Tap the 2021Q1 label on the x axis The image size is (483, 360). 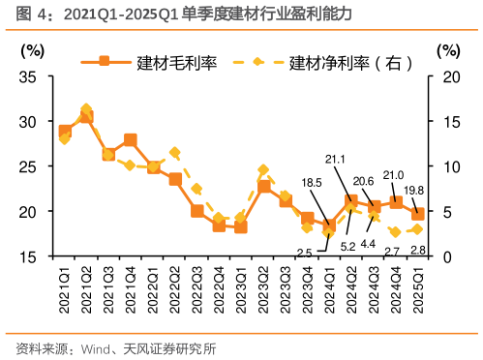click(x=65, y=282)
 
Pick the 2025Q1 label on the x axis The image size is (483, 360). click(x=419, y=282)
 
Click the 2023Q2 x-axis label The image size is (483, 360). click(x=264, y=282)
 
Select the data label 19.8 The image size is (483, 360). click(x=426, y=190)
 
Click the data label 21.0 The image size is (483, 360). click(x=393, y=175)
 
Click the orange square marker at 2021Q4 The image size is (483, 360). click(x=131, y=140)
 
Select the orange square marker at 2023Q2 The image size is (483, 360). click(x=264, y=186)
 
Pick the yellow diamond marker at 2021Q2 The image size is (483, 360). click(x=86, y=110)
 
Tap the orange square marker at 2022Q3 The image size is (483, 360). click(x=197, y=211)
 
